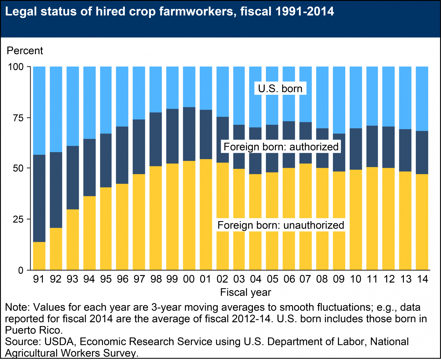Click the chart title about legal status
tap(169, 12)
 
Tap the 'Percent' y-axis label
tap(25, 51)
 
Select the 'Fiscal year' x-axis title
tap(245, 292)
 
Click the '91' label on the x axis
tap(39, 279)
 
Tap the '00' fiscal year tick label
tap(189, 279)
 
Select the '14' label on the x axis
tap(422, 279)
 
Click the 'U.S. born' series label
tap(280, 89)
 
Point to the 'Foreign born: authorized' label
tap(281, 147)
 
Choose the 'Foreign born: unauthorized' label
tap(281, 225)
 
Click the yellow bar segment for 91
tap(39, 256)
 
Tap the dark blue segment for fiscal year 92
tap(56, 190)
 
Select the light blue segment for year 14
tap(422, 99)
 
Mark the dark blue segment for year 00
tap(189, 134)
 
